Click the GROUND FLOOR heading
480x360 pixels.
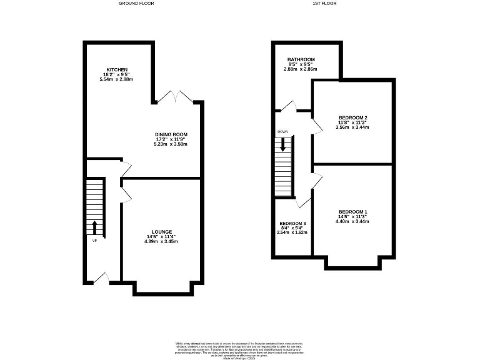point(136,4)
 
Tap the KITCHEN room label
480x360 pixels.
point(117,69)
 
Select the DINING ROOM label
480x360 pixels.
point(171,134)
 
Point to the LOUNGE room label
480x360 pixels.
point(162,231)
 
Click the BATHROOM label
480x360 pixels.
point(301,59)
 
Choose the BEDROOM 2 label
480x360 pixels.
point(352,117)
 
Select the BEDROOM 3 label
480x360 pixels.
point(292,224)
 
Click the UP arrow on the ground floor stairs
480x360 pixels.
point(94,226)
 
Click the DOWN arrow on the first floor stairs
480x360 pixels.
point(284,145)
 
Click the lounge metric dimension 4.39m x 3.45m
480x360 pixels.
point(162,241)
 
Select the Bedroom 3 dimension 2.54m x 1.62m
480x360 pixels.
point(292,232)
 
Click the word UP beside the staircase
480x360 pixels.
point(94,241)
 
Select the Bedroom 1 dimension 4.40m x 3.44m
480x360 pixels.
point(353,221)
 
